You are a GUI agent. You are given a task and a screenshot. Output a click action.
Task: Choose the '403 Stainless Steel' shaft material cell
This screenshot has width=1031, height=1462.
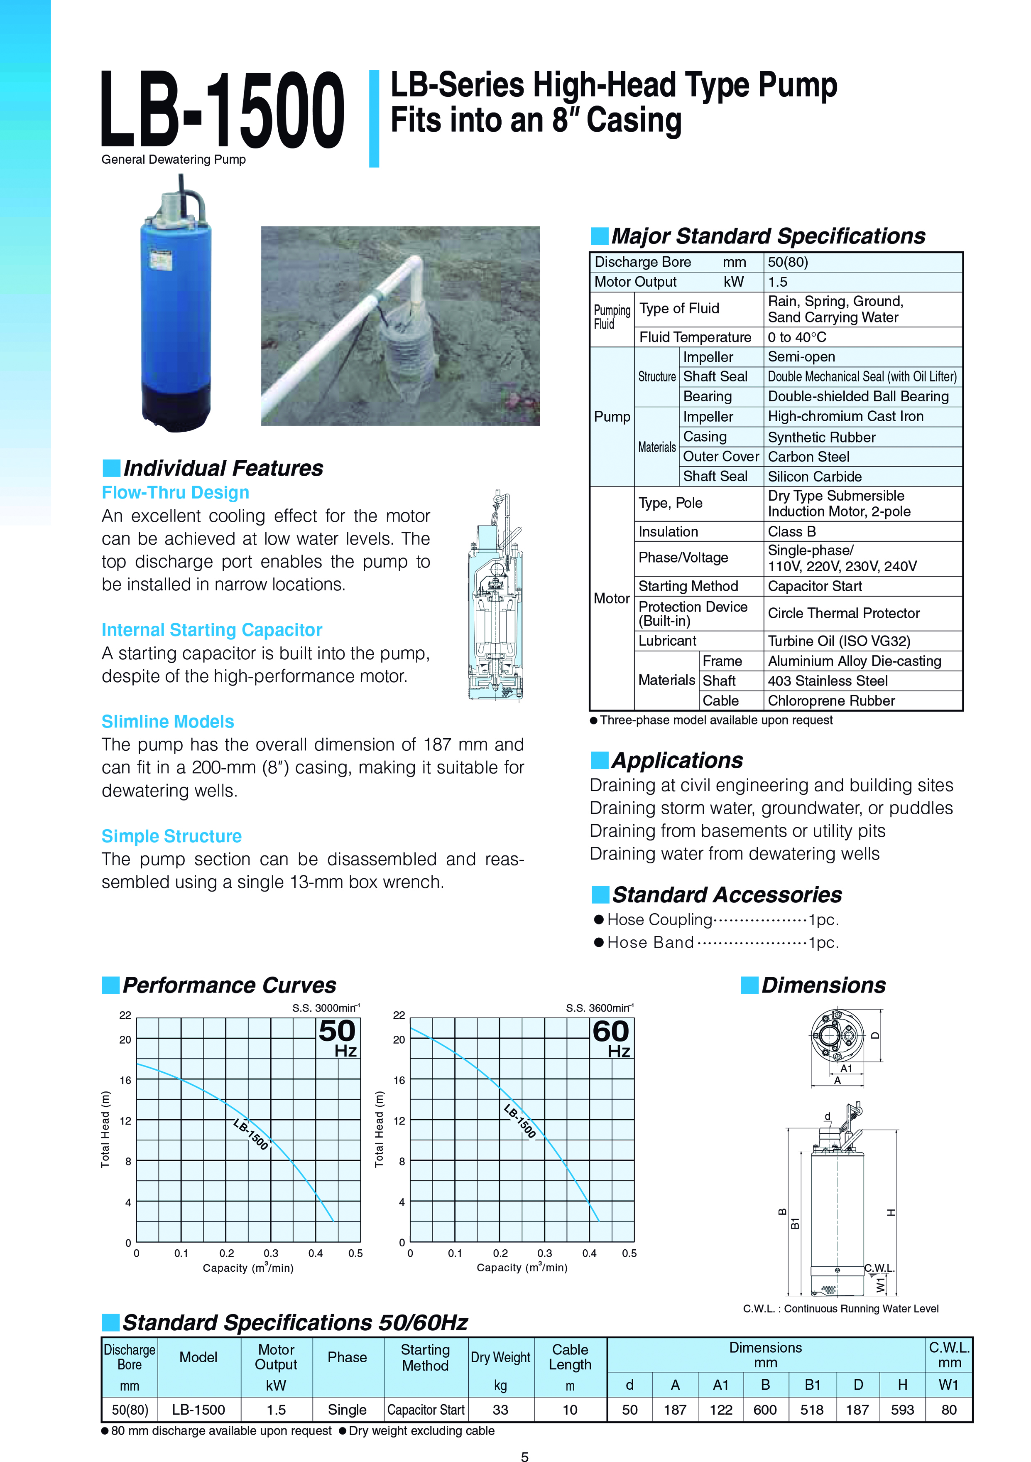828,681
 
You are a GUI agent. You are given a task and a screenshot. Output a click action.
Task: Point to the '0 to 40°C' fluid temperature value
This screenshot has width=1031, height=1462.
797,337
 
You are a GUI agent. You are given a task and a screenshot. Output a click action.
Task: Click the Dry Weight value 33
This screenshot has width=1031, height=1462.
500,1410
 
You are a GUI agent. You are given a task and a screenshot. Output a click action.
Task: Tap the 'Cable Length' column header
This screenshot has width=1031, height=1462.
570,1357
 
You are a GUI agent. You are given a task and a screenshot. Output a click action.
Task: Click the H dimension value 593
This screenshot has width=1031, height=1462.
902,1410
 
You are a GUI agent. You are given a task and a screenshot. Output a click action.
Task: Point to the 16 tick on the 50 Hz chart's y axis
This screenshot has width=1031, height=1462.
125,1080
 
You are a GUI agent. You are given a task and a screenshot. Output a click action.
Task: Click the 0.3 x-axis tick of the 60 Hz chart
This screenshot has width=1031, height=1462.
545,1253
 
